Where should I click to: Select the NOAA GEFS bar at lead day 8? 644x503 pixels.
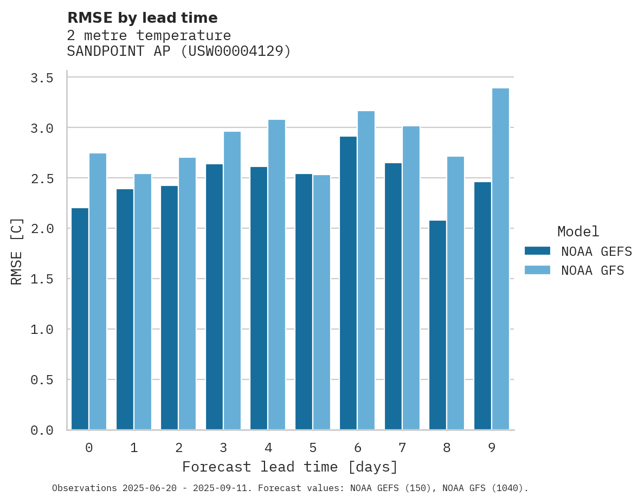(437, 325)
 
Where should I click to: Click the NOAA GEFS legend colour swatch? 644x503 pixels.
(537, 251)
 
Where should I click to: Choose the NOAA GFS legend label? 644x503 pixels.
(593, 270)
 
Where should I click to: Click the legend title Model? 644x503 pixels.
(578, 232)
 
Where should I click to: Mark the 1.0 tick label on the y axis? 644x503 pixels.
(42, 330)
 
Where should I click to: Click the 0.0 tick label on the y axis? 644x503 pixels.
(42, 430)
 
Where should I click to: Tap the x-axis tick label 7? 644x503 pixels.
(402, 448)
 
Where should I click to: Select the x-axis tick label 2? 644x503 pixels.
(178, 448)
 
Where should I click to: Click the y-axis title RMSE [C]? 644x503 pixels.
(17, 251)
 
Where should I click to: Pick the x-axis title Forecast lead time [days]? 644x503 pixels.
(290, 467)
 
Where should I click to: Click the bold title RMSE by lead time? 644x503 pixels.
(142, 18)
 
